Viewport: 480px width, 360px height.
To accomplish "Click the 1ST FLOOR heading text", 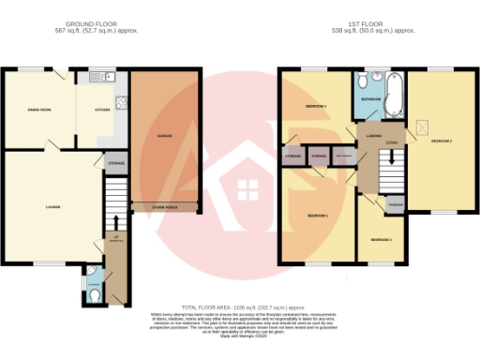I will [367, 22].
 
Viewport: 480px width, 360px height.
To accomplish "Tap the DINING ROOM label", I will [37, 111].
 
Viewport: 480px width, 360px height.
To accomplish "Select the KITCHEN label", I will [101, 111].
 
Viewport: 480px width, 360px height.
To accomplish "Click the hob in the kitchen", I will [119, 99].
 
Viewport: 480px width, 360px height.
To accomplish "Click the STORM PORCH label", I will [165, 206].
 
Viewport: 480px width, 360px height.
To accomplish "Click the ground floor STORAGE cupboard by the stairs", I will [116, 163].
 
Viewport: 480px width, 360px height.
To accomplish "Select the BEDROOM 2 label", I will [441, 142].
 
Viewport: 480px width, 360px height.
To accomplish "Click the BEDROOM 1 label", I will [317, 216].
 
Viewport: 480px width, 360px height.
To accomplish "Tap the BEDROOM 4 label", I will [380, 240].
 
